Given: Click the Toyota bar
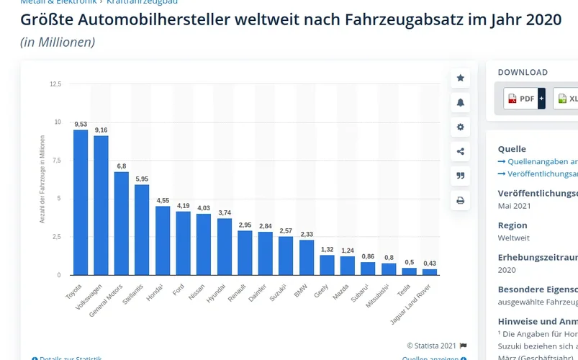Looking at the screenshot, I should (81, 202).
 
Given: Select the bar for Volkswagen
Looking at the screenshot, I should (101, 205).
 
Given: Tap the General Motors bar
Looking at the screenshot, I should (122, 223).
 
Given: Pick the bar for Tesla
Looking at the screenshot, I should (409, 271).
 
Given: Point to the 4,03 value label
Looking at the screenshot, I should (204, 208).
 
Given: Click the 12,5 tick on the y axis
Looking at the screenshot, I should (55, 84).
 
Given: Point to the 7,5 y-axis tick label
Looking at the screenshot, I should (55, 161).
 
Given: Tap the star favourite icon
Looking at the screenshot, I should (461, 78).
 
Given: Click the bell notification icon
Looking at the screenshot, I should (461, 102).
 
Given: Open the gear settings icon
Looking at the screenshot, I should (461, 127).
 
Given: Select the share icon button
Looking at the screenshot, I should (461, 151).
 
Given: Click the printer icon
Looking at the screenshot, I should (461, 200).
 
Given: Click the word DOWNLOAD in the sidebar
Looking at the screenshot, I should (523, 72).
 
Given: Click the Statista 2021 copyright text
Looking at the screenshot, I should (432, 346).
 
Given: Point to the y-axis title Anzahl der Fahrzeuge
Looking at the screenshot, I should (42, 187).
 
